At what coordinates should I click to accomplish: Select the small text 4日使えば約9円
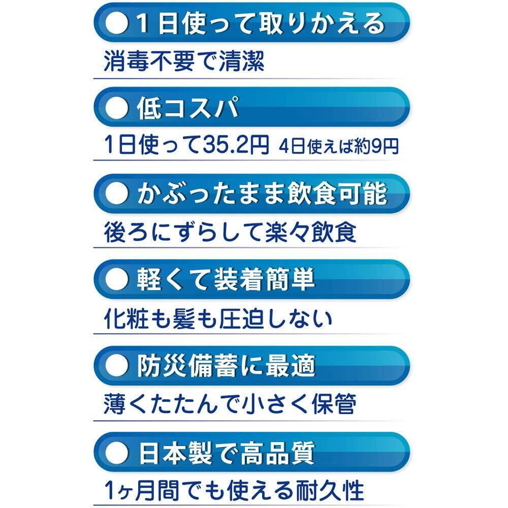[x=338, y=147]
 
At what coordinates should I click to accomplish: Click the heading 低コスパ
[x=187, y=109]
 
